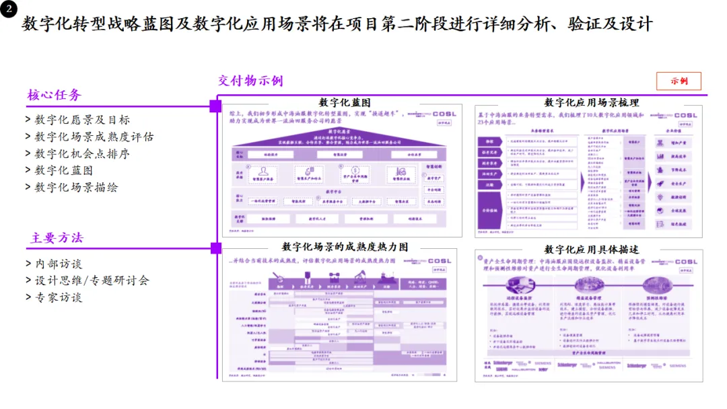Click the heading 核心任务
click(54, 95)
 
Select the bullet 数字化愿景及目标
click(82, 120)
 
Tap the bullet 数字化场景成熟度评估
click(94, 137)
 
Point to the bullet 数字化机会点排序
click(82, 153)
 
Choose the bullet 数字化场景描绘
click(76, 187)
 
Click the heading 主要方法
click(57, 238)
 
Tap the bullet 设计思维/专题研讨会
click(92, 281)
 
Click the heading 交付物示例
click(250, 81)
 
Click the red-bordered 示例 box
click(679, 81)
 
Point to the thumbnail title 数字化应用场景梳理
click(591, 102)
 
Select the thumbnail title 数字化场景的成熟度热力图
click(345, 247)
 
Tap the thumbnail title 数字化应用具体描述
click(591, 249)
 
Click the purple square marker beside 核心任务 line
click(215, 106)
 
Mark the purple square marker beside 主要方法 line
click(215, 248)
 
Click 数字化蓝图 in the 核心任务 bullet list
click(64, 170)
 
